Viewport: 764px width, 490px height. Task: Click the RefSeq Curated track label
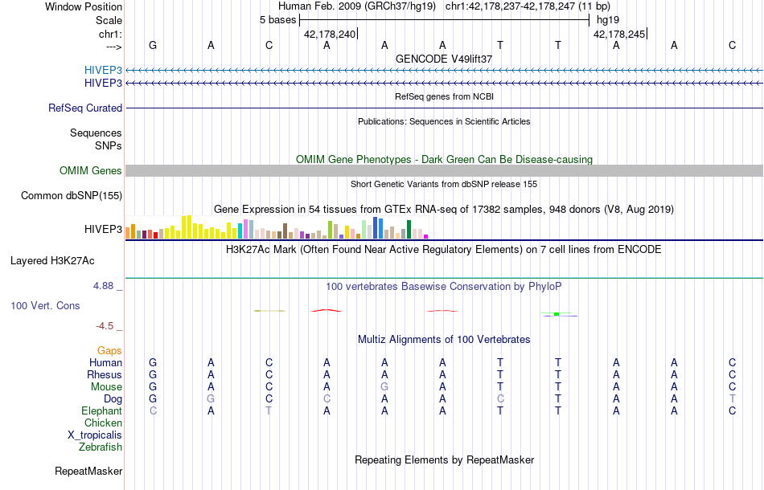85,108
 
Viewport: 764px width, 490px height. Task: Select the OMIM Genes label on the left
90,170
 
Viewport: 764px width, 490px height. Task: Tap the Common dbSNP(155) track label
72,195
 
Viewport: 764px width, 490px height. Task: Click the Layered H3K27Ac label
64,260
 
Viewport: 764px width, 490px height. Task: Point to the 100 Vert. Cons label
45,306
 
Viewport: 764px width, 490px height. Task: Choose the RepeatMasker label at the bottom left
88,471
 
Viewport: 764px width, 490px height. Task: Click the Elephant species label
101,410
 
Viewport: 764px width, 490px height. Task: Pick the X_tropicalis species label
95,435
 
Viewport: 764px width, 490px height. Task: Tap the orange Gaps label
109,350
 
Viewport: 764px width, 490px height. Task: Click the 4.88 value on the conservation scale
105,286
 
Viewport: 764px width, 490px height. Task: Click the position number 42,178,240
329,34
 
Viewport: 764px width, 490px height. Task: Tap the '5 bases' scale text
277,19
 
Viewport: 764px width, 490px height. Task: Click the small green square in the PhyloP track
557,314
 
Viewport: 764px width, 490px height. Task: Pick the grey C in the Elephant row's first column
153,410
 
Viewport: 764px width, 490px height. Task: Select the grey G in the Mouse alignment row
384,386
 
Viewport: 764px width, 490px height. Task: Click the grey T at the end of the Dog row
732,398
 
